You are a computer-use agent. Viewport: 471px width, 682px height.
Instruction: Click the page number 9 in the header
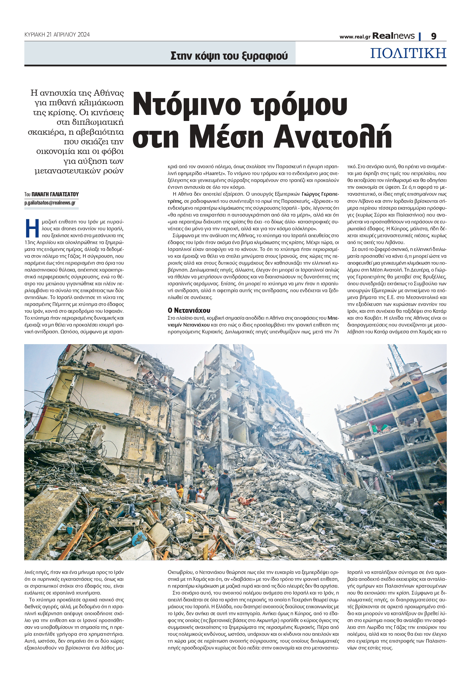(x=434, y=36)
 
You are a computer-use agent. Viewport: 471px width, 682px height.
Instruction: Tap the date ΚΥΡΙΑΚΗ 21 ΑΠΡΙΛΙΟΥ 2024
(x=57, y=35)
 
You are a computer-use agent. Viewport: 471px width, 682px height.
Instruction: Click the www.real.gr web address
(x=355, y=37)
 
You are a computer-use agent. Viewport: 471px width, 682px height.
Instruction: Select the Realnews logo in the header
(x=393, y=36)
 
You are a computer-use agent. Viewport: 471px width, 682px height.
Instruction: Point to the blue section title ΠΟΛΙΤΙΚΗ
(x=408, y=53)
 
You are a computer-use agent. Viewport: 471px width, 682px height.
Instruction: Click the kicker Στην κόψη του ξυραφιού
(x=229, y=56)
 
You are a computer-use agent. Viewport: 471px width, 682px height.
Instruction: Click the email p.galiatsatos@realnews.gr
(x=50, y=203)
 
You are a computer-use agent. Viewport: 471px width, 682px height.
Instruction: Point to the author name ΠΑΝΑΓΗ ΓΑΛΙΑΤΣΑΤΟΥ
(x=55, y=194)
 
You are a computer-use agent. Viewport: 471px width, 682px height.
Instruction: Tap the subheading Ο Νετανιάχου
(x=189, y=310)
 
